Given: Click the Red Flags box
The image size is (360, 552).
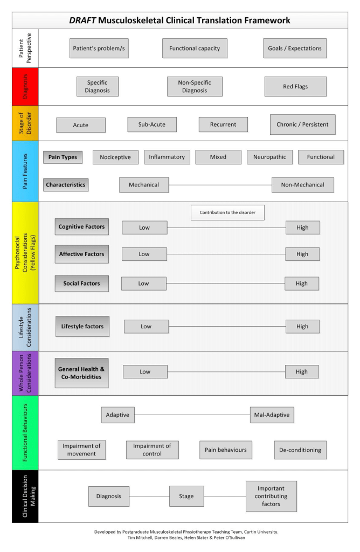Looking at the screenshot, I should (295, 86).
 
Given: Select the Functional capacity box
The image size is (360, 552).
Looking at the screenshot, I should (195, 48).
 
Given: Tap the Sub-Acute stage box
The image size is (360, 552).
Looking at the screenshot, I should (152, 125).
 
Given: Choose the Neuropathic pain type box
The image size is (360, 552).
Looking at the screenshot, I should (269, 157).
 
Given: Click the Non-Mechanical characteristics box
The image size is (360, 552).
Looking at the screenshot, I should (302, 185).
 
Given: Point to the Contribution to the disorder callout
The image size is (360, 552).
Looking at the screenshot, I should (227, 212).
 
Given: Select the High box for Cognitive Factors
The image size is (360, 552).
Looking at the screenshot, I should (302, 227).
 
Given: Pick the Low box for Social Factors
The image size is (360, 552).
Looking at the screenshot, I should (143, 284).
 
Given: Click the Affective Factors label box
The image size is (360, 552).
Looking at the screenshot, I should (81, 254).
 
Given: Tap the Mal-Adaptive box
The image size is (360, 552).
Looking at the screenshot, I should (272, 415).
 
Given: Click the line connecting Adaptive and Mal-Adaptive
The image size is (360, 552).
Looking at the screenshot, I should (192, 415).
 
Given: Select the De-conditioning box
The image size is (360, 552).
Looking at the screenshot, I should (300, 450).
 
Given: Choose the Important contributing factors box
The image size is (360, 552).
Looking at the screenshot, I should (271, 496).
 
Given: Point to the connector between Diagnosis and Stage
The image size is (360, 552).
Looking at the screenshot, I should (149, 496).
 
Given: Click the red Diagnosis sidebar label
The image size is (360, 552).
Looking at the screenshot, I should (25, 86).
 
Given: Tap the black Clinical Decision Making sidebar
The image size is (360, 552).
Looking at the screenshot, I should (25, 496).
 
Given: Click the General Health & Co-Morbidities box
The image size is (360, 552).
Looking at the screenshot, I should (81, 372).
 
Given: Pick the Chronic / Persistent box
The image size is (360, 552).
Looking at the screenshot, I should (302, 125).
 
